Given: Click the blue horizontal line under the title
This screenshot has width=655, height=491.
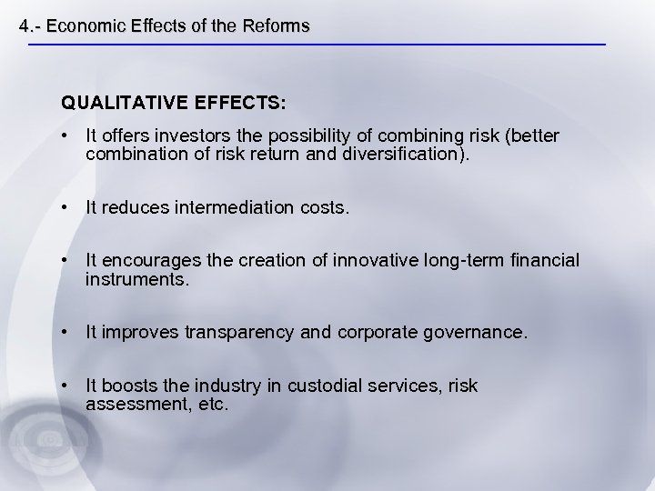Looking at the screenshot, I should coord(318,45).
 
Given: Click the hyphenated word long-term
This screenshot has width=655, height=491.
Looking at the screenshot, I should coord(460,261).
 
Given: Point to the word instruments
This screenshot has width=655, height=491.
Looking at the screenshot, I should coord(136,279).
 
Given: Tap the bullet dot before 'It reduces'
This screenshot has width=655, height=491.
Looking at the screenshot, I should coord(65,207).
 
